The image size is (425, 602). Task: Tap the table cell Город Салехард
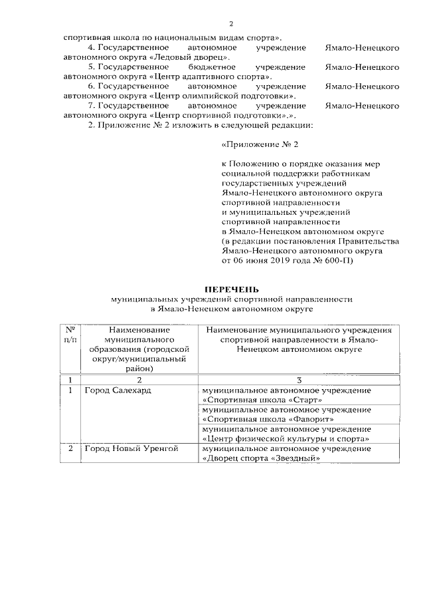pos(118,390)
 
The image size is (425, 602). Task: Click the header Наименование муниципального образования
pos(139,348)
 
